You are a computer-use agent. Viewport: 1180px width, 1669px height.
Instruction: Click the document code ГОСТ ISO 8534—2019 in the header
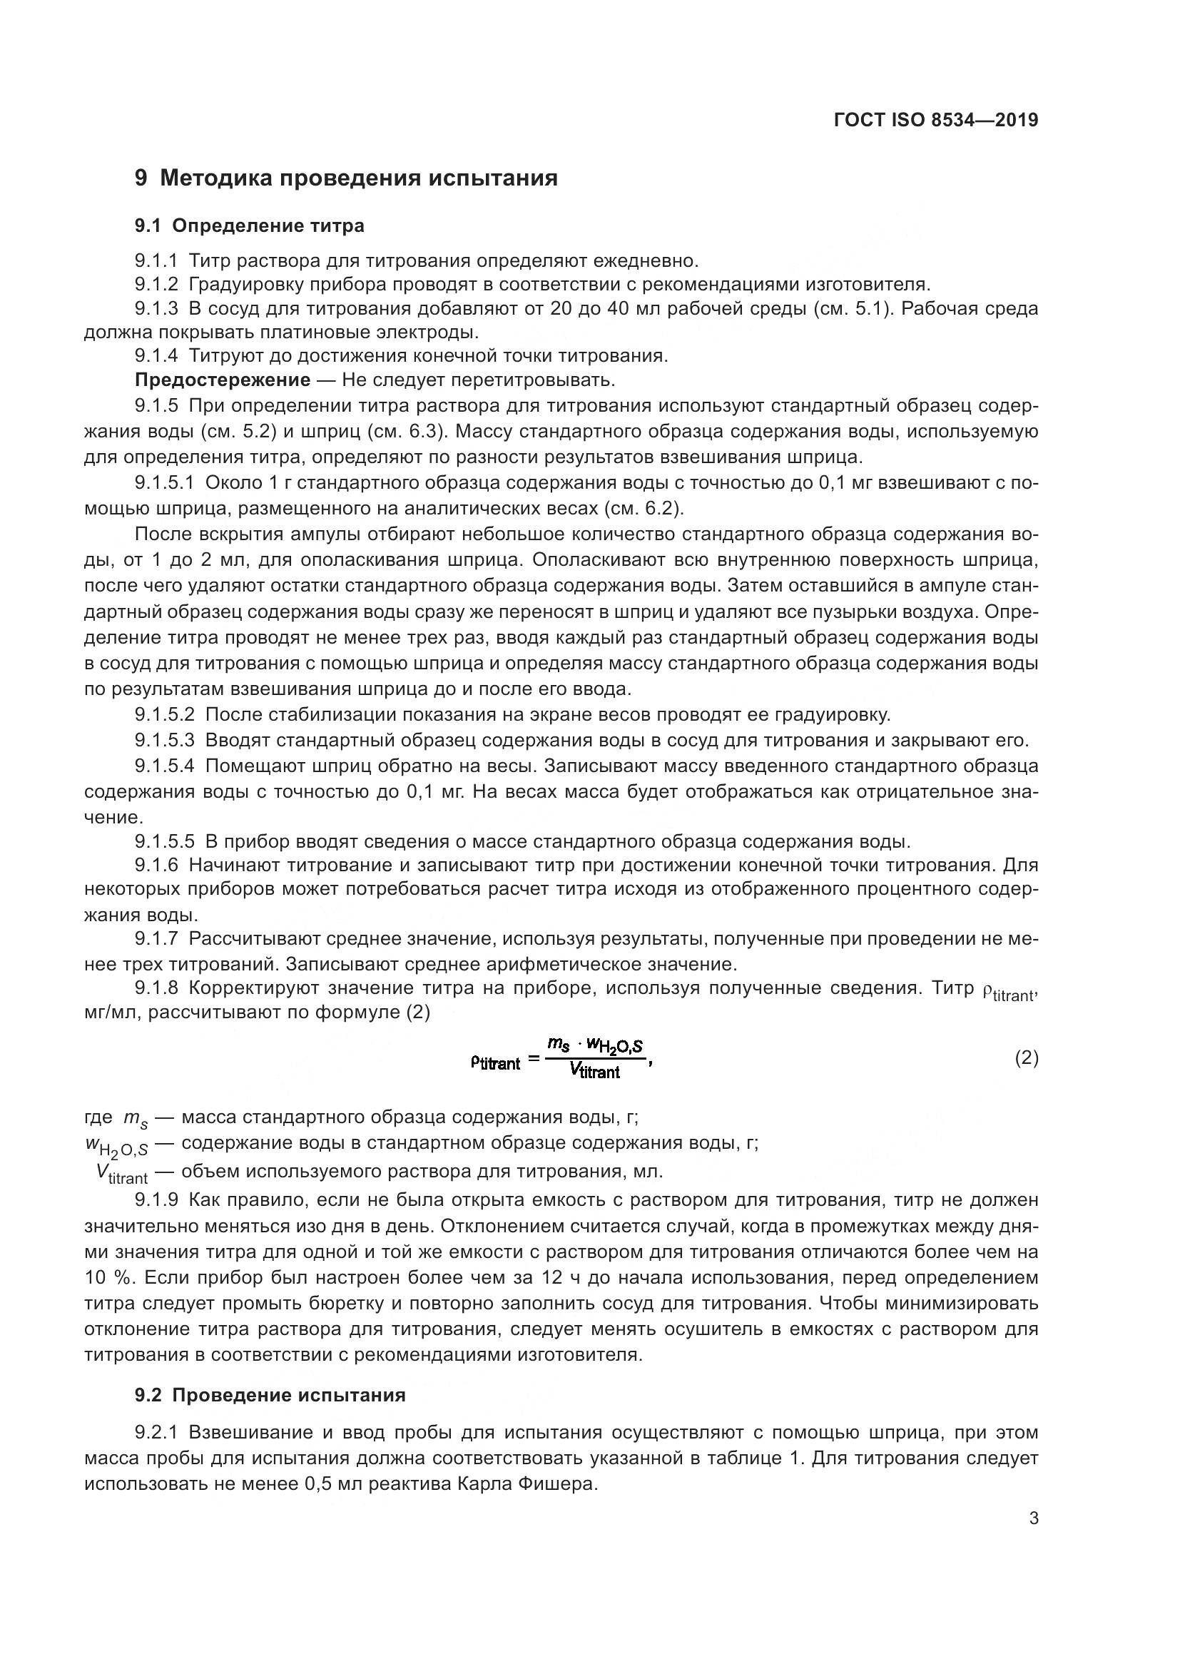tap(936, 120)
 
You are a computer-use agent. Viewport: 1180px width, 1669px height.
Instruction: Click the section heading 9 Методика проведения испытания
tap(346, 178)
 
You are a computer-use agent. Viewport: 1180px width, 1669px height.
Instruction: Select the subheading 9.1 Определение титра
tap(249, 226)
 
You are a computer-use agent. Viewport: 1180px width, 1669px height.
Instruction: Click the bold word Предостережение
tap(223, 380)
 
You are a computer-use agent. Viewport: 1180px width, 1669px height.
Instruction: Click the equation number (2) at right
tap(1026, 1058)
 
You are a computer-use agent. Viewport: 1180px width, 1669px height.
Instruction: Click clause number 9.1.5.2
tap(164, 714)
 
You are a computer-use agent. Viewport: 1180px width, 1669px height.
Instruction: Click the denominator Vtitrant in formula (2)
tap(594, 1071)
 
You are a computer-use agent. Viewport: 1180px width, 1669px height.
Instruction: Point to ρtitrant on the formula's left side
tap(496, 1063)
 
